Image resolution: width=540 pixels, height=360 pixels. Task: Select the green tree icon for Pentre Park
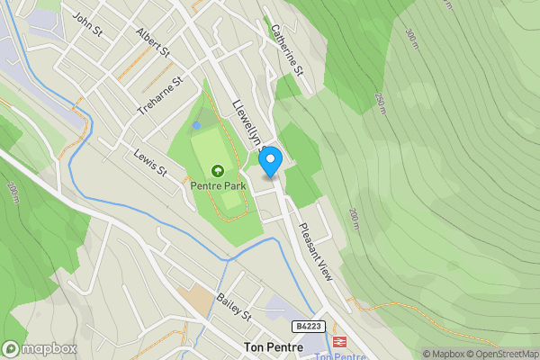point(217,170)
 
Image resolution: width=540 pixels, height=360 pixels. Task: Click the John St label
point(88,23)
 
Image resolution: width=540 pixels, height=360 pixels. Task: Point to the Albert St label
point(153,42)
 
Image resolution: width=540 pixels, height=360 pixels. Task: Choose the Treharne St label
point(159,94)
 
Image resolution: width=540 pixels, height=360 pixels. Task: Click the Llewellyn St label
point(247,125)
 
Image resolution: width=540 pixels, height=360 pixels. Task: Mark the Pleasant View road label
point(316,253)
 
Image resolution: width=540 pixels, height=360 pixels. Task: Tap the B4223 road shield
point(307,327)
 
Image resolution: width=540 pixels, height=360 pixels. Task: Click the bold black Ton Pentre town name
point(272,346)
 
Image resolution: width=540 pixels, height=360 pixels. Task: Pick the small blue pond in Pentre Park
point(196,126)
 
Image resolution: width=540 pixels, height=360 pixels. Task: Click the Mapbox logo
point(40,349)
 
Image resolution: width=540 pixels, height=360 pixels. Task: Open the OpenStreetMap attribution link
point(506,354)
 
